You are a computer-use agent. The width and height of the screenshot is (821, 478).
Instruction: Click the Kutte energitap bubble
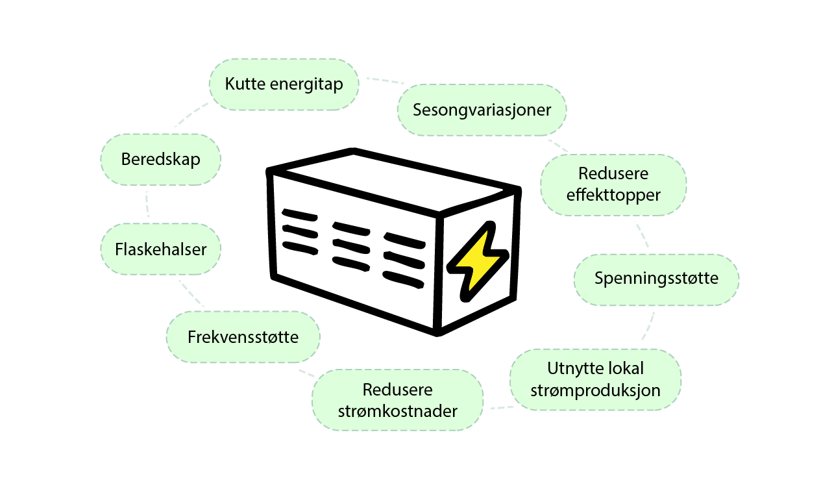pyautogui.click(x=284, y=84)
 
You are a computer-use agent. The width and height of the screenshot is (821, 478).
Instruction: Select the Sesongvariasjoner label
pyautogui.click(x=482, y=110)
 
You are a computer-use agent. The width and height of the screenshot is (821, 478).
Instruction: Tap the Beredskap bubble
pyautogui.click(x=160, y=159)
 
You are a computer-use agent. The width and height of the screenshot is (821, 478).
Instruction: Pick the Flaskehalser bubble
pyautogui.click(x=160, y=249)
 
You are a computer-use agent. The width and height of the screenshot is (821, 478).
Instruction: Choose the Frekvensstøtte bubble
pyautogui.click(x=243, y=337)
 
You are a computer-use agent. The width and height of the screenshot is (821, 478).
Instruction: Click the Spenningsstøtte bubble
pyautogui.click(x=656, y=279)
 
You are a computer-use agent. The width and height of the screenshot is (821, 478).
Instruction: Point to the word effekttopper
pyautogui.click(x=613, y=194)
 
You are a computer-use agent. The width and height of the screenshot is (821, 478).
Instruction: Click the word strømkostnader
pyautogui.click(x=397, y=411)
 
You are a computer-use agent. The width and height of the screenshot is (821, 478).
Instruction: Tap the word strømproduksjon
pyautogui.click(x=595, y=390)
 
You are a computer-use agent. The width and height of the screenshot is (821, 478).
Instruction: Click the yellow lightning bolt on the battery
pyautogui.click(x=477, y=262)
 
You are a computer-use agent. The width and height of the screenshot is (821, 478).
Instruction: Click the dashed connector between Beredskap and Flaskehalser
pyautogui.click(x=148, y=204)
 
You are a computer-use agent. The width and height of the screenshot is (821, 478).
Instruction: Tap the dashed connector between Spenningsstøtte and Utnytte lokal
pyautogui.click(x=648, y=326)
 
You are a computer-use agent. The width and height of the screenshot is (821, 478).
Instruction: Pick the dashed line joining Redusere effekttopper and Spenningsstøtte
pyautogui.click(x=642, y=235)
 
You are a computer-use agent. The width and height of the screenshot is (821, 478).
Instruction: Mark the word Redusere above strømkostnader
pyautogui.click(x=397, y=390)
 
